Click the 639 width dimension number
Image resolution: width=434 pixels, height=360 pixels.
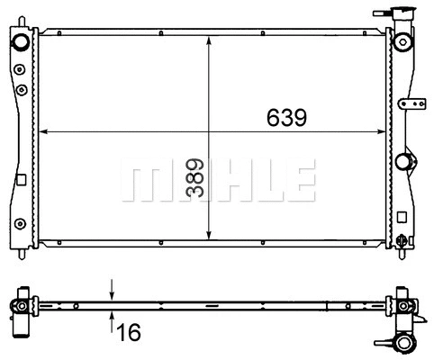(x=286, y=118)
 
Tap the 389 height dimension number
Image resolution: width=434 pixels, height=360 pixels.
(x=194, y=177)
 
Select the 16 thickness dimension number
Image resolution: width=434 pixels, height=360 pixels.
(x=129, y=332)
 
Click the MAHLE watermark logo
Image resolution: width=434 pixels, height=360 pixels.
(x=219, y=180)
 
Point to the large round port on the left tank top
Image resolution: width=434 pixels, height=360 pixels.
(x=21, y=41)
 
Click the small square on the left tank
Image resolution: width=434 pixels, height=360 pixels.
(x=22, y=180)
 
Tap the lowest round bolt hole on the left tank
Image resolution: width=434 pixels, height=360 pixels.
(x=20, y=223)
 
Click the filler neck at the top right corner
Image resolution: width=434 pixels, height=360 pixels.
(x=396, y=16)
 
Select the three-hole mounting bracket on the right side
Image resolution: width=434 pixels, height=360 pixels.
(x=411, y=103)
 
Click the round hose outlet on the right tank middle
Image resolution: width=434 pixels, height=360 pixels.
(x=404, y=162)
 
